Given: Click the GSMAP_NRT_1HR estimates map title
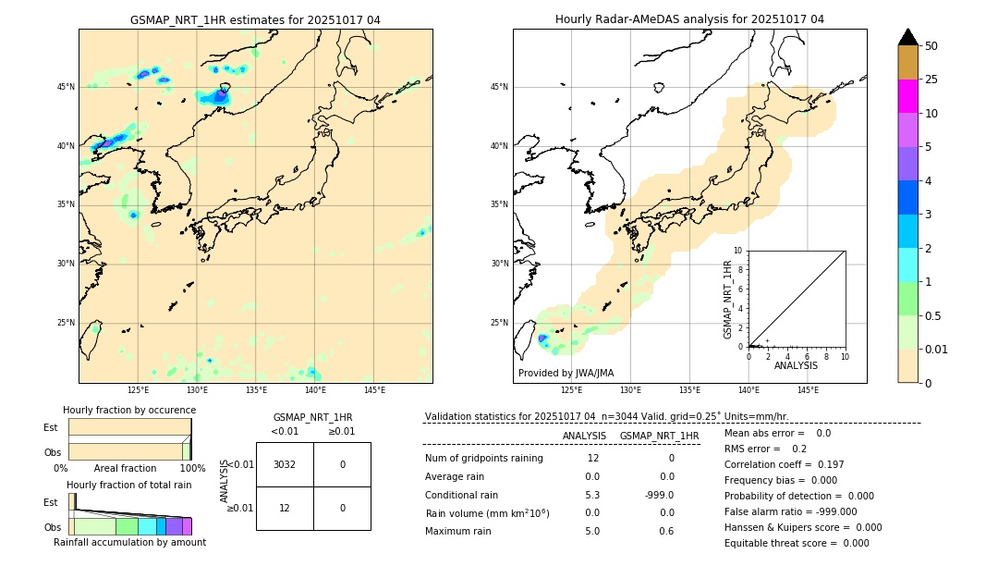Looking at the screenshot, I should pyautogui.click(x=255, y=19).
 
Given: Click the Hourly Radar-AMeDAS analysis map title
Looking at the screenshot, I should pyautogui.click(x=689, y=19).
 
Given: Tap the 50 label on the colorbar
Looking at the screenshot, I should pyautogui.click(x=931, y=46).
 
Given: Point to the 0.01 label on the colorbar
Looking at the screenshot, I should pyautogui.click(x=937, y=350).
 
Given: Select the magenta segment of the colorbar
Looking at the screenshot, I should pyautogui.click(x=907, y=96).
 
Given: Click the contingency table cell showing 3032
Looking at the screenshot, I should pyautogui.click(x=285, y=464).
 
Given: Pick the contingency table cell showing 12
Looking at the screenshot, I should pyautogui.click(x=285, y=508).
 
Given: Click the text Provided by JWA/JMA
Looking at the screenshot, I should pyautogui.click(x=566, y=373).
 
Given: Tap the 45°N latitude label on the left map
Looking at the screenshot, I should pyautogui.click(x=66, y=87).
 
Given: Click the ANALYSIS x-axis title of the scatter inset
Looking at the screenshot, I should pyautogui.click(x=797, y=365).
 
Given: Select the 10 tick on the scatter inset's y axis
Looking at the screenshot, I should pyautogui.click(x=737, y=251).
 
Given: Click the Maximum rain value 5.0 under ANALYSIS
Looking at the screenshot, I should pyautogui.click(x=592, y=531).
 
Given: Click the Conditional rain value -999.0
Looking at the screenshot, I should pyautogui.click(x=659, y=495).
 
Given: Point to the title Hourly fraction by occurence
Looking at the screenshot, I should pyautogui.click(x=129, y=410).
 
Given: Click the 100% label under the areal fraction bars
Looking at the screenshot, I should pyautogui.click(x=192, y=469).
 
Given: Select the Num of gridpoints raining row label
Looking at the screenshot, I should pyautogui.click(x=484, y=459).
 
